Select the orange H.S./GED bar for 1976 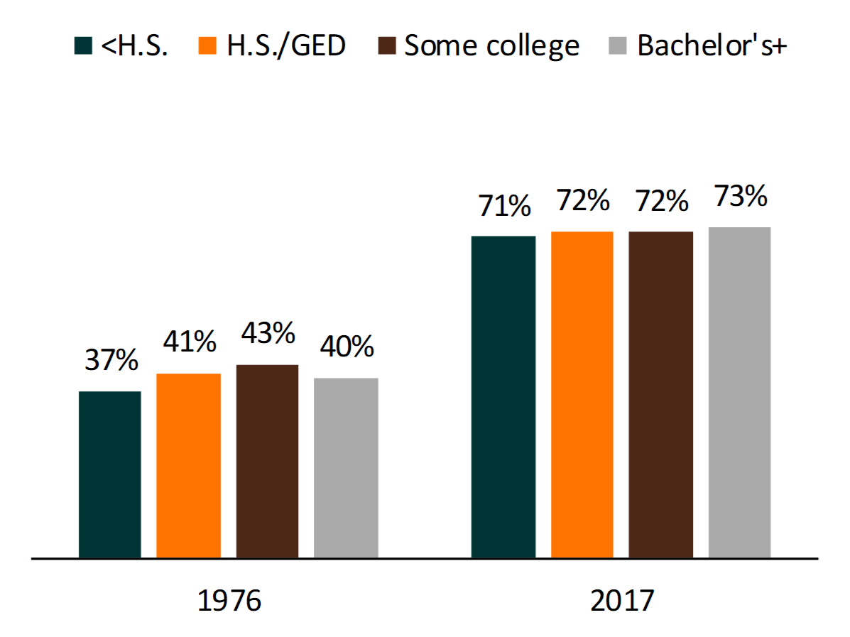pyautogui.click(x=188, y=466)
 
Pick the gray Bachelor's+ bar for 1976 pyautogui.click(x=346, y=468)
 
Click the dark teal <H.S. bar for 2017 pyautogui.click(x=503, y=397)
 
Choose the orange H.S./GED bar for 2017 pyautogui.click(x=582, y=395)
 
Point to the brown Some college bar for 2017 pyautogui.click(x=660, y=395)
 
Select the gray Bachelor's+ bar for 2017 pyautogui.click(x=739, y=393)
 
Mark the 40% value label pyautogui.click(x=346, y=347)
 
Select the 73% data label pyautogui.click(x=739, y=197)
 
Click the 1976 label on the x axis pyautogui.click(x=229, y=601)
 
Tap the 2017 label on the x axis pyautogui.click(x=621, y=601)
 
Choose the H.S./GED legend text pyautogui.click(x=285, y=45)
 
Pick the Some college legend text pyautogui.click(x=491, y=45)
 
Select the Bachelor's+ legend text pyautogui.click(x=712, y=45)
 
